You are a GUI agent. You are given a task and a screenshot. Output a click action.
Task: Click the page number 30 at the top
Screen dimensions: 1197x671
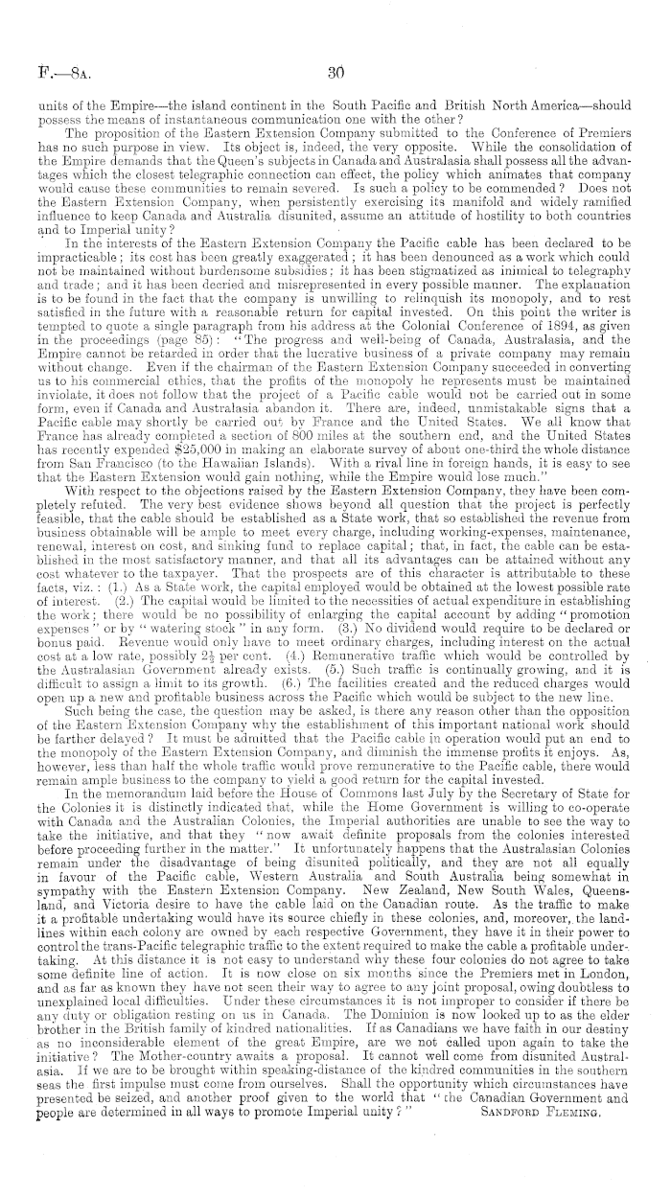click(335, 69)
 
